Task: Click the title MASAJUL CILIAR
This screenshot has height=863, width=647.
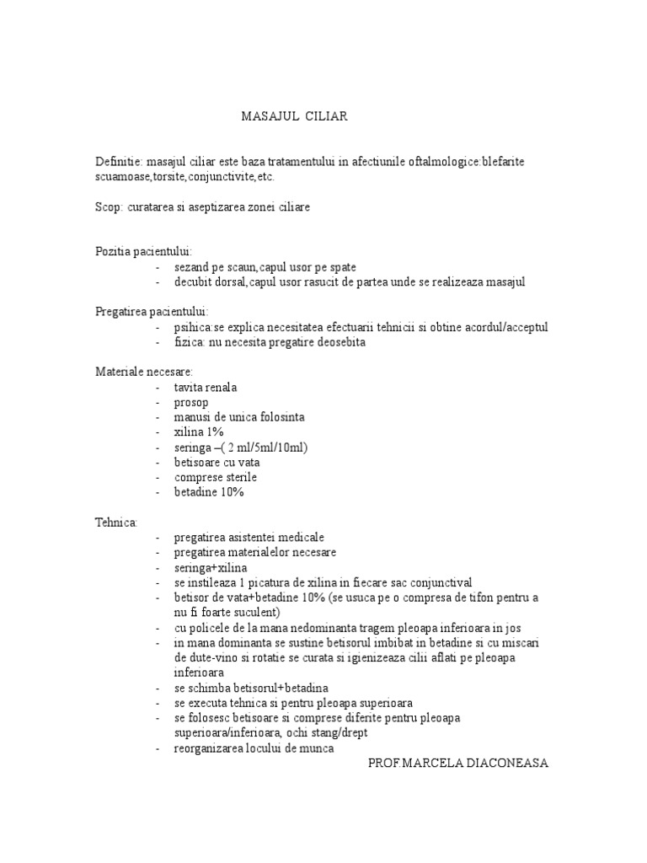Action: (294, 117)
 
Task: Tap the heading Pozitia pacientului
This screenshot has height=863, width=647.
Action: (143, 251)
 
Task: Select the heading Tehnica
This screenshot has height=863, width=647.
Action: (116, 522)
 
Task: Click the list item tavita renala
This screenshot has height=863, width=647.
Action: (206, 387)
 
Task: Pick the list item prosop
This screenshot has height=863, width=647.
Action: (191, 402)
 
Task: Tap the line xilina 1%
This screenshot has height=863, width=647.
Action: (199, 431)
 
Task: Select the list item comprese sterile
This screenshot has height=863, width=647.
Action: (216, 477)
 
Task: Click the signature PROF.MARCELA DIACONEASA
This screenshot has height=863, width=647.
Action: (458, 763)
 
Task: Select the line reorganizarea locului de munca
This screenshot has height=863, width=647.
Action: (254, 748)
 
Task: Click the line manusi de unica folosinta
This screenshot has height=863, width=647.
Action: (239, 417)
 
